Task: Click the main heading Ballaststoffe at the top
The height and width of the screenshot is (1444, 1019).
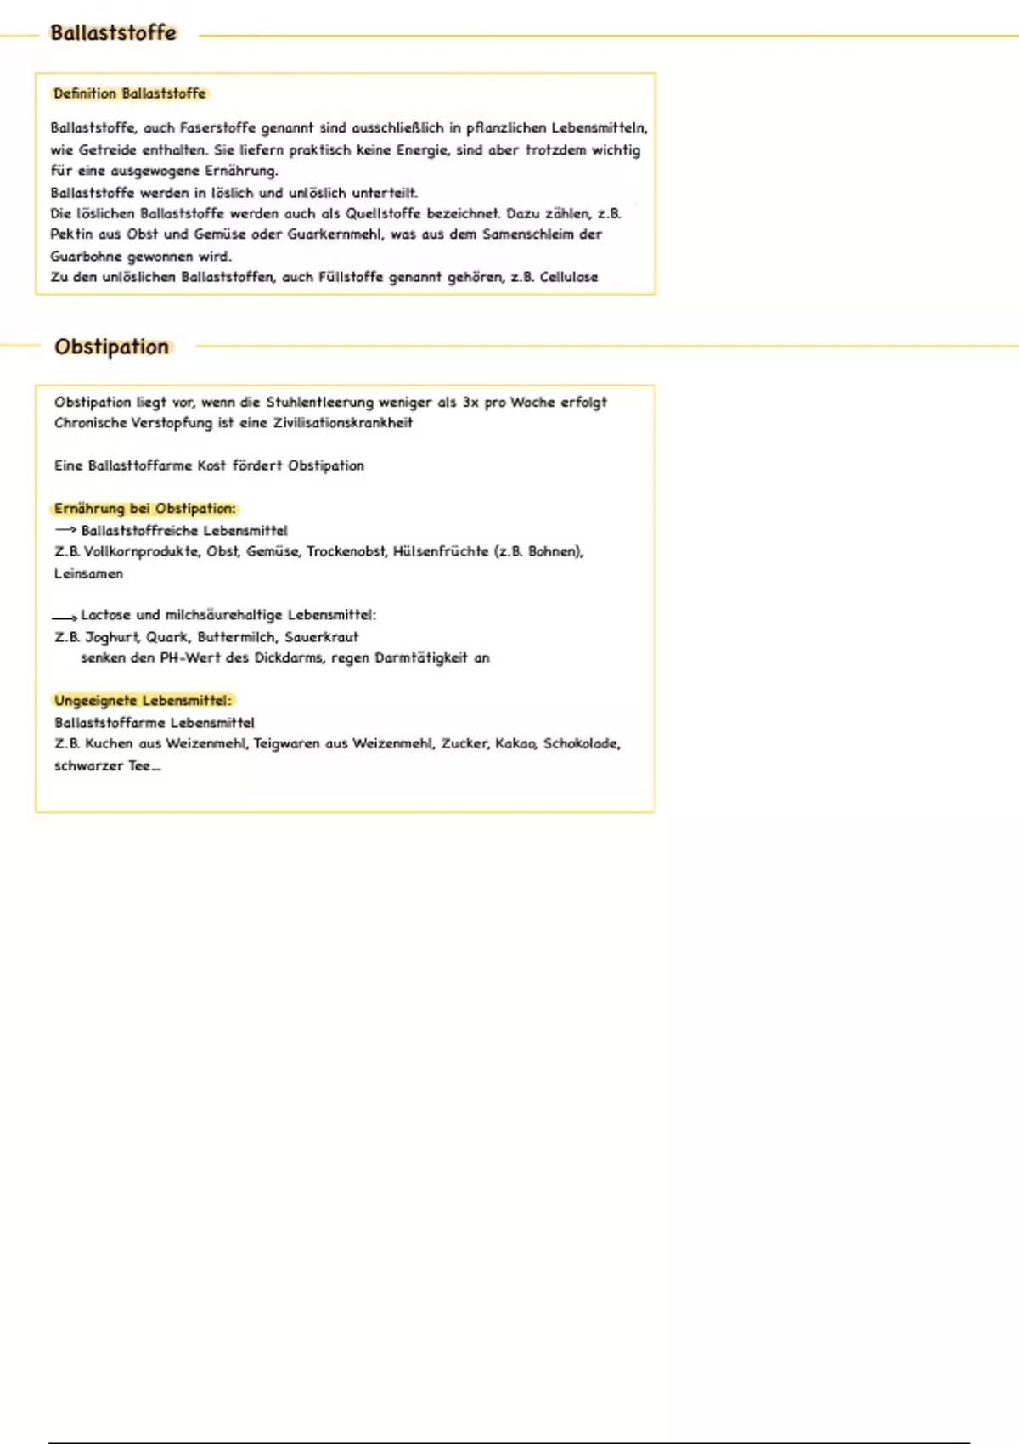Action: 113,33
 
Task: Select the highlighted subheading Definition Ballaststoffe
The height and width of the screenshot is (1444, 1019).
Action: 129,93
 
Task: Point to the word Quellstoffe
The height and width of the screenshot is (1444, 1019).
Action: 383,213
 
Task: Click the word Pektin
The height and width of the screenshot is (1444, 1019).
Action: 71,234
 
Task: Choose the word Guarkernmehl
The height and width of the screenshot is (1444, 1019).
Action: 335,234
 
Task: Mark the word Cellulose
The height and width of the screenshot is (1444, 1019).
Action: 569,277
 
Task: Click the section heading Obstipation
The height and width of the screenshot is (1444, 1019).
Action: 111,347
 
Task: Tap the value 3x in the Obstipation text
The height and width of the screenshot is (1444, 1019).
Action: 470,402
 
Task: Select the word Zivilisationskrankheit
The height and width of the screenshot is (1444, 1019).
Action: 342,423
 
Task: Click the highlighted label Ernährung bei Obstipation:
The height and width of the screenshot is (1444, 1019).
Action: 144,509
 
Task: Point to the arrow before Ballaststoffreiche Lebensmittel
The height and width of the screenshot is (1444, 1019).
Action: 65,530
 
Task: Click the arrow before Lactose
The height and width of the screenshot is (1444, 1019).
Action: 65,617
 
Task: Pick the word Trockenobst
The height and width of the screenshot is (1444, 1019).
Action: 346,551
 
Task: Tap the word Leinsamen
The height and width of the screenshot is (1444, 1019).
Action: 88,573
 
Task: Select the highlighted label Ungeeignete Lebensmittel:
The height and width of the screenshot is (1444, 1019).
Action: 142,701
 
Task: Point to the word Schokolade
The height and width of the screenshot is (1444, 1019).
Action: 582,743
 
